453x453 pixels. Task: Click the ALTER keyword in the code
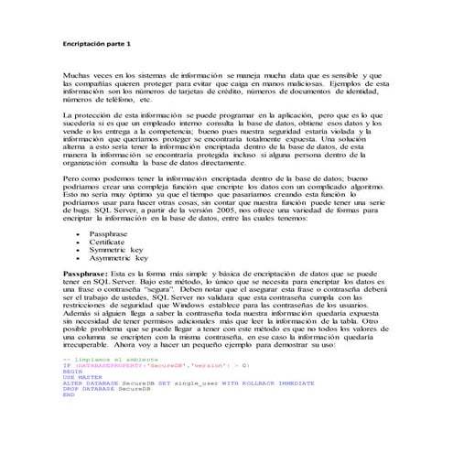pyautogui.click(x=70, y=383)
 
